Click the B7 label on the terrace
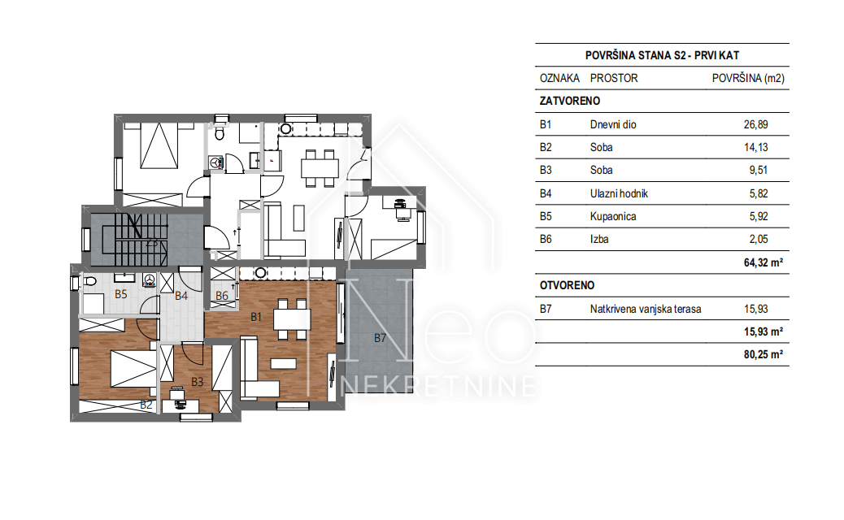tap(380, 338)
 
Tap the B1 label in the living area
tap(256, 317)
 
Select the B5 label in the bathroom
tap(121, 294)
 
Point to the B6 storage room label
tap(222, 296)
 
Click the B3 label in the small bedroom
tap(198, 382)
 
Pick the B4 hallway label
tap(181, 296)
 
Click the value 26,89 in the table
tap(755, 125)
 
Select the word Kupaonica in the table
tap(613, 217)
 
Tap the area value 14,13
tap(755, 147)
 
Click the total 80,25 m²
tap(764, 354)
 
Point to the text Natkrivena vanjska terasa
tap(646, 310)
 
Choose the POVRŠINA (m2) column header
tap(748, 79)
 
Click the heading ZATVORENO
tap(570, 101)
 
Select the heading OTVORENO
tap(568, 285)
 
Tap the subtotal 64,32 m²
tap(764, 262)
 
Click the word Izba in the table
tap(599, 240)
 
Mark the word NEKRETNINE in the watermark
tap(439, 386)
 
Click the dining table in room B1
tap(292, 319)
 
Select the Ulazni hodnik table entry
tap(619, 193)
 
